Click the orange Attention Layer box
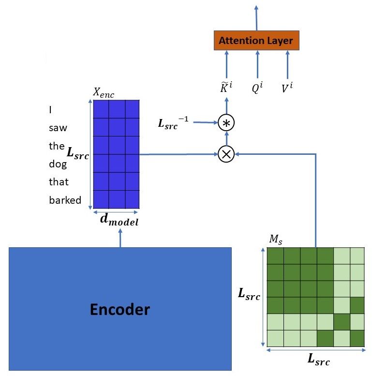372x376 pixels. [256, 40]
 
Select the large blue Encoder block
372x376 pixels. [120, 309]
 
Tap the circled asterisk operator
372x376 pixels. [226, 123]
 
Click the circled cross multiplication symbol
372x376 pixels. [226, 154]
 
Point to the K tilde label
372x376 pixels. [226, 87]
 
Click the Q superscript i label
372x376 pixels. [257, 87]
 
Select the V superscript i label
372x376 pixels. [287, 87]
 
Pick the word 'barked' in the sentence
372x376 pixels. [65, 200]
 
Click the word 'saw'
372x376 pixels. [58, 128]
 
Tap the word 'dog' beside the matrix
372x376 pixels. [58, 165]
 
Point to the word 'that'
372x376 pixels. [59, 182]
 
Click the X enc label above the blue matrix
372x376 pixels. [104, 92]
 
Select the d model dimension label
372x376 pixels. [119, 220]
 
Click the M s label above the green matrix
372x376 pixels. [276, 240]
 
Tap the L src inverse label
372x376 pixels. [173, 123]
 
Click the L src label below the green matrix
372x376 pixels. [319, 359]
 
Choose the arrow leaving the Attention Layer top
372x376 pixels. [256, 18]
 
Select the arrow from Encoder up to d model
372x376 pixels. [120, 238]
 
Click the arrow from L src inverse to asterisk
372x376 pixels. [206, 122]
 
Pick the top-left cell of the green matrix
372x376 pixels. [275, 256]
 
